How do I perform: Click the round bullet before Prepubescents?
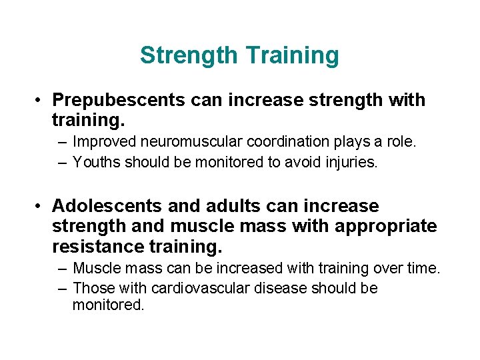click(41, 101)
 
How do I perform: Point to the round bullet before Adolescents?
click(41, 207)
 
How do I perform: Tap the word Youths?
click(94, 161)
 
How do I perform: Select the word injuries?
click(353, 161)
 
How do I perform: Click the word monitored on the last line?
click(108, 306)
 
